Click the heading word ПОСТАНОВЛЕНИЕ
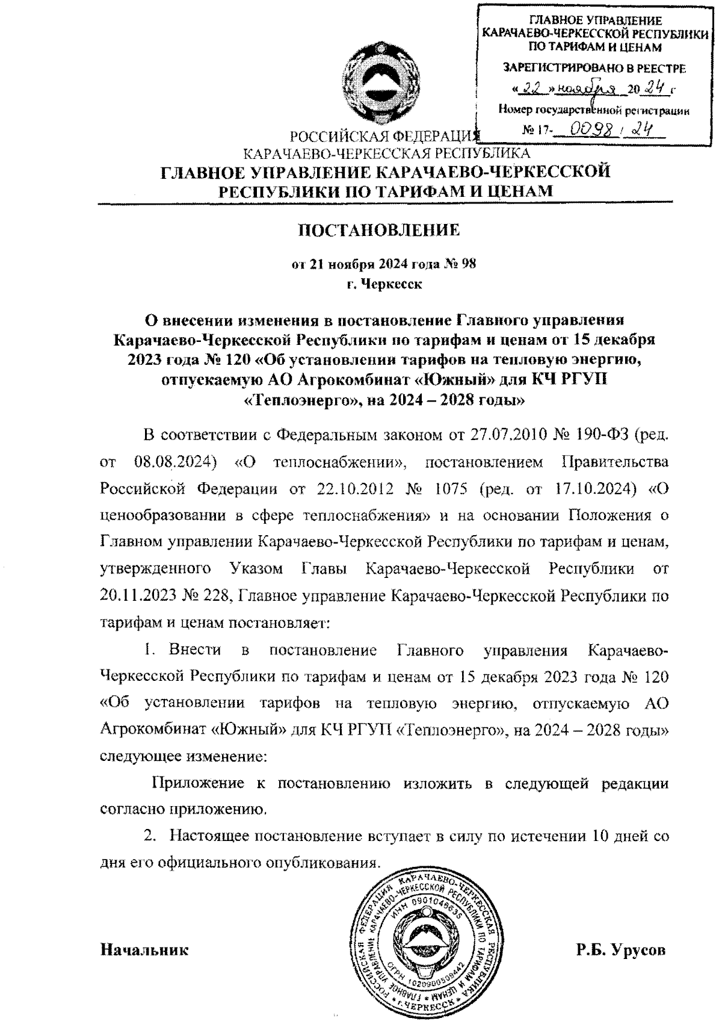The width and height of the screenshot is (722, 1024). click(379, 230)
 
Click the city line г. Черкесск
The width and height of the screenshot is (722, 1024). click(380, 284)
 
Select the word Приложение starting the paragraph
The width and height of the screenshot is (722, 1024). click(197, 783)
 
